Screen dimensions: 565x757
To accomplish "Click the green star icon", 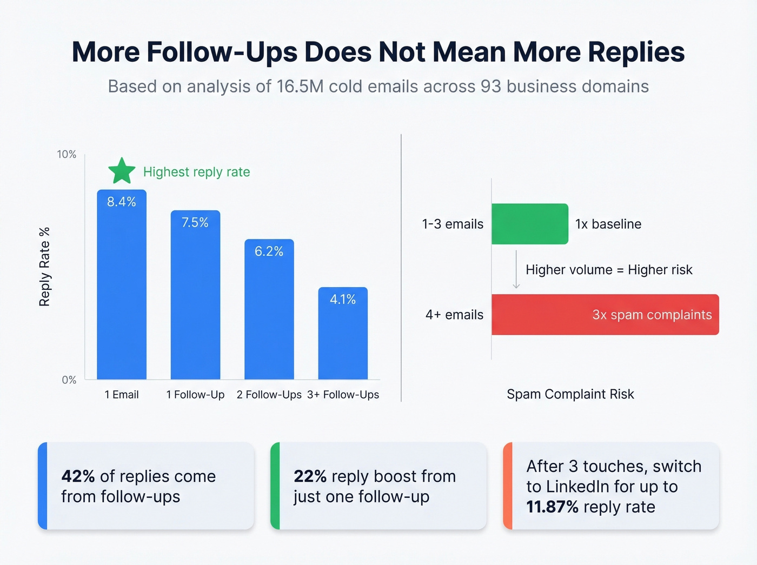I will click(122, 171).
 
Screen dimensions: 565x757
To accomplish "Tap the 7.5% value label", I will click(195, 222).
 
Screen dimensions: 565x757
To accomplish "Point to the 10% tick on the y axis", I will click(67, 155).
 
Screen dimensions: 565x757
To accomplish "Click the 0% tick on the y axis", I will click(69, 380).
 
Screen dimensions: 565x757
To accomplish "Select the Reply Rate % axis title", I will click(44, 267).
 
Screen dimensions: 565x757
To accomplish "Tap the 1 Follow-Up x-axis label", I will click(195, 395).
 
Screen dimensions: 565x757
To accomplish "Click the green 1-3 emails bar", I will click(529, 224).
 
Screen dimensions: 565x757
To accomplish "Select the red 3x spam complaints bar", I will click(605, 315).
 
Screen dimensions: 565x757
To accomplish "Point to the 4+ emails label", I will click(454, 315).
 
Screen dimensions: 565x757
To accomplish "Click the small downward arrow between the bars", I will click(516, 270).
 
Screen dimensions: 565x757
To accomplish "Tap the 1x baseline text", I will click(608, 224).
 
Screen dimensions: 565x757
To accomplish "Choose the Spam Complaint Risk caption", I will click(570, 394).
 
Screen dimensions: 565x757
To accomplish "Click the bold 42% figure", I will click(78, 476).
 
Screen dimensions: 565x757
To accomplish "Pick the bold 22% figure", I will click(310, 476).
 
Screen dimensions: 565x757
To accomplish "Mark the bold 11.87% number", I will click(552, 507).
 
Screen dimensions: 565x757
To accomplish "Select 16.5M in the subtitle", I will click(301, 87).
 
